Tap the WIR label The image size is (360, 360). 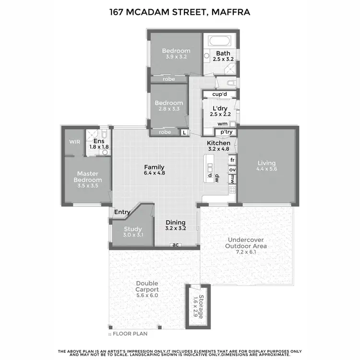pyautogui.click(x=74, y=142)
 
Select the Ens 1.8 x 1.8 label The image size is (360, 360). pyautogui.click(x=99, y=144)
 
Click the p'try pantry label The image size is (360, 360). pyautogui.click(x=226, y=132)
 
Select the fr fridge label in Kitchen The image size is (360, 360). pyautogui.click(x=232, y=160)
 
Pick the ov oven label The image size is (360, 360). pyautogui.click(x=232, y=170)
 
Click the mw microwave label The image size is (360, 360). pyautogui.click(x=232, y=180)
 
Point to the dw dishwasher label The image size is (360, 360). pyautogui.click(x=217, y=177)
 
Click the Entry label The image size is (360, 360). pyautogui.click(x=122, y=212)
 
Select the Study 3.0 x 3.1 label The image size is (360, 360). pyautogui.click(x=133, y=232)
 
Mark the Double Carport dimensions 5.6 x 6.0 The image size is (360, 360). pyautogui.click(x=147, y=296)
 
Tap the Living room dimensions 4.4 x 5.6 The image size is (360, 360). pyautogui.click(x=266, y=169)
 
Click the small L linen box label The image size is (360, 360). pyautogui.click(x=184, y=132)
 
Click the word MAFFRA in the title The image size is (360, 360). pyautogui.click(x=231, y=12)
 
